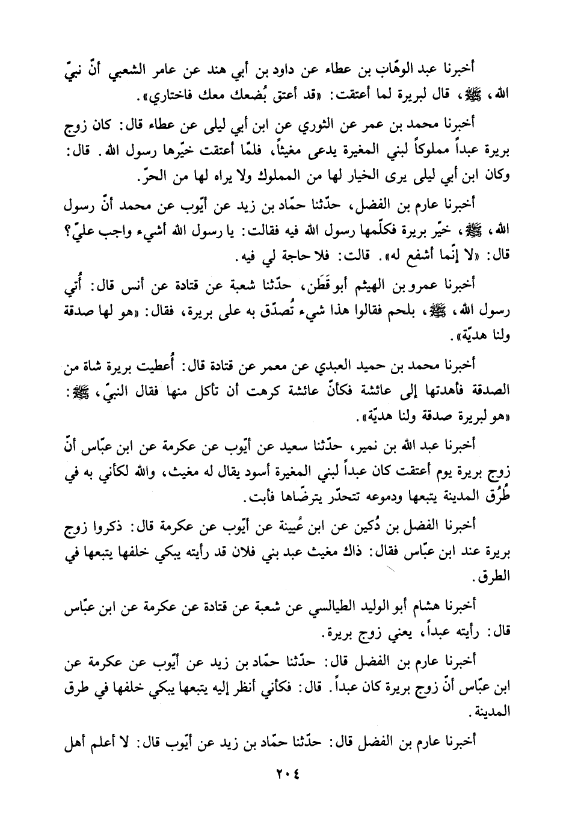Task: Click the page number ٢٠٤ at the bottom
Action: tap(286, 776)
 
